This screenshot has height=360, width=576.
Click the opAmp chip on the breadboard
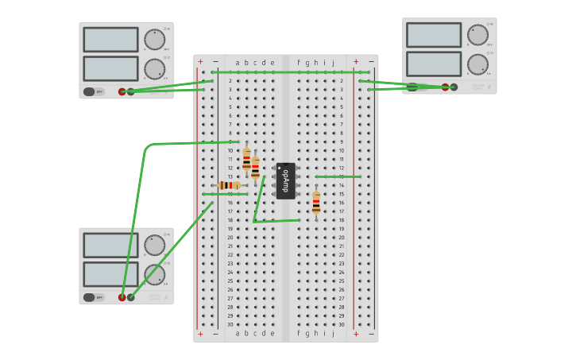286,180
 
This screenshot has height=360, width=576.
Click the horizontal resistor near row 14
230,185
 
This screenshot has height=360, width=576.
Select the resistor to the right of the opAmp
316,203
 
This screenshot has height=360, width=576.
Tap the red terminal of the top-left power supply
122,91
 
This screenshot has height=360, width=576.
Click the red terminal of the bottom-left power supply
122,297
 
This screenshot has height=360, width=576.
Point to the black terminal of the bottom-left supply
131,297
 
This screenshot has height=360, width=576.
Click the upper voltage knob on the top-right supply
477,35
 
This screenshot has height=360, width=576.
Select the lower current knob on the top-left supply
154,69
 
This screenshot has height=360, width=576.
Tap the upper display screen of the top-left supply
110,40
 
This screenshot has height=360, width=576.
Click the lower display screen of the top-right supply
434,64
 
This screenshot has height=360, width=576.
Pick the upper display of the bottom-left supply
110,246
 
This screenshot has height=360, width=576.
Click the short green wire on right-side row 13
338,176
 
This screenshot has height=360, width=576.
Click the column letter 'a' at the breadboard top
238,62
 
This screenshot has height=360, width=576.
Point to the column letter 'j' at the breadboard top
333,62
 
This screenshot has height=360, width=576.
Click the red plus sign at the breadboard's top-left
200,62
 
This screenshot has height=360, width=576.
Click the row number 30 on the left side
230,324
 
